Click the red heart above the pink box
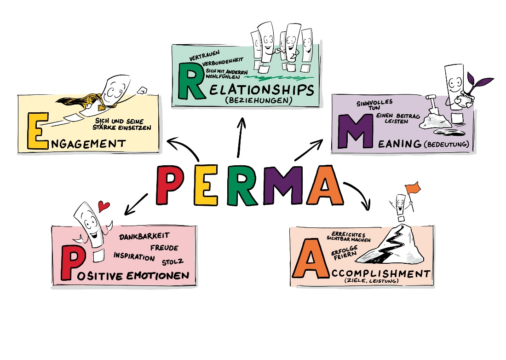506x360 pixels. point(103,206)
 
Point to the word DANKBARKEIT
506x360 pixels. point(144,236)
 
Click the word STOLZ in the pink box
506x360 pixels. point(172,262)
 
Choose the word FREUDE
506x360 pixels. point(164,248)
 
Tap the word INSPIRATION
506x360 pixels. point(134,256)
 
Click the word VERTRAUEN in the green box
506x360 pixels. point(204,56)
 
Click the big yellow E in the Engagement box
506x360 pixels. point(38,131)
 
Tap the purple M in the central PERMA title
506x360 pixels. point(283,185)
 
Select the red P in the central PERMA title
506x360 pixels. point(169,185)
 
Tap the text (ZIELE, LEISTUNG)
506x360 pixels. point(371,280)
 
